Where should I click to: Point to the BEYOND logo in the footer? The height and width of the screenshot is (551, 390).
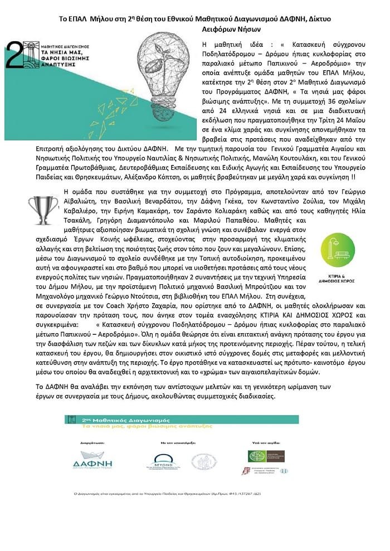(x=167, y=461)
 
